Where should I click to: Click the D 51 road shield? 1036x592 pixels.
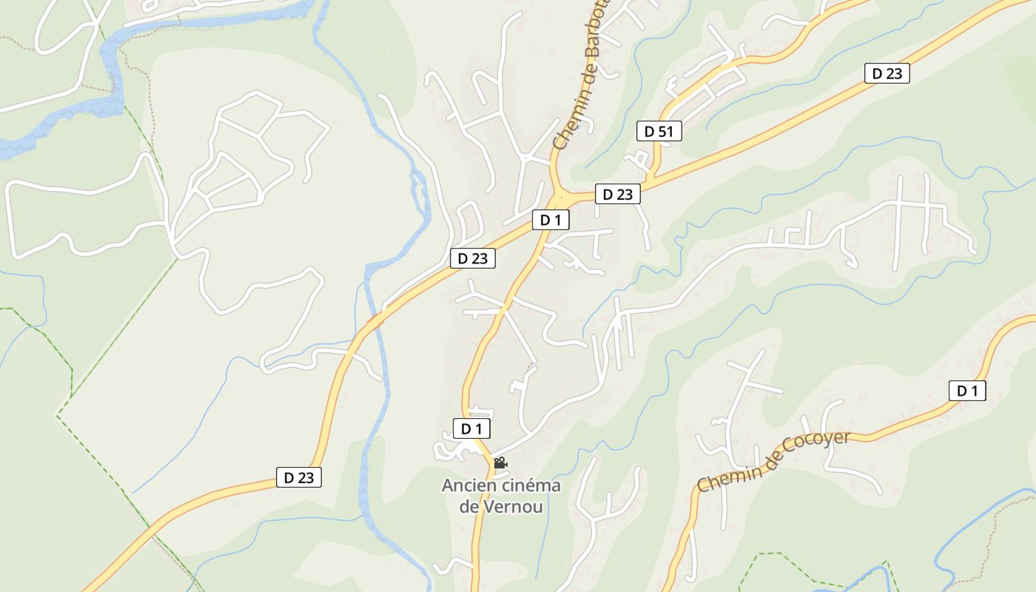[x=659, y=132]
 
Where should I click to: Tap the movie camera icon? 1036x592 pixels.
[x=500, y=463]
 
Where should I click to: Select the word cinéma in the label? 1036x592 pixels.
[x=531, y=486]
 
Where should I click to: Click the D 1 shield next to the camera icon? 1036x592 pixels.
[x=471, y=428]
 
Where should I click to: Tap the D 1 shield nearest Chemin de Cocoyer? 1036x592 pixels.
[x=967, y=391]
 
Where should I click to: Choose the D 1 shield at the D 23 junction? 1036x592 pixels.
[x=551, y=220]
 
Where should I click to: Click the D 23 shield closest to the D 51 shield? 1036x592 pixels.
[x=617, y=195]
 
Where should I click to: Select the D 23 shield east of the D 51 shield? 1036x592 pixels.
[x=887, y=73]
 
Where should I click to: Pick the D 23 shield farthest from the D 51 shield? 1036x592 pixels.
[x=299, y=477]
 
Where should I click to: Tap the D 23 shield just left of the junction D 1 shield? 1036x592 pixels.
[x=472, y=258]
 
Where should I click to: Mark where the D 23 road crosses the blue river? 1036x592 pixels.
[x=375, y=320]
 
